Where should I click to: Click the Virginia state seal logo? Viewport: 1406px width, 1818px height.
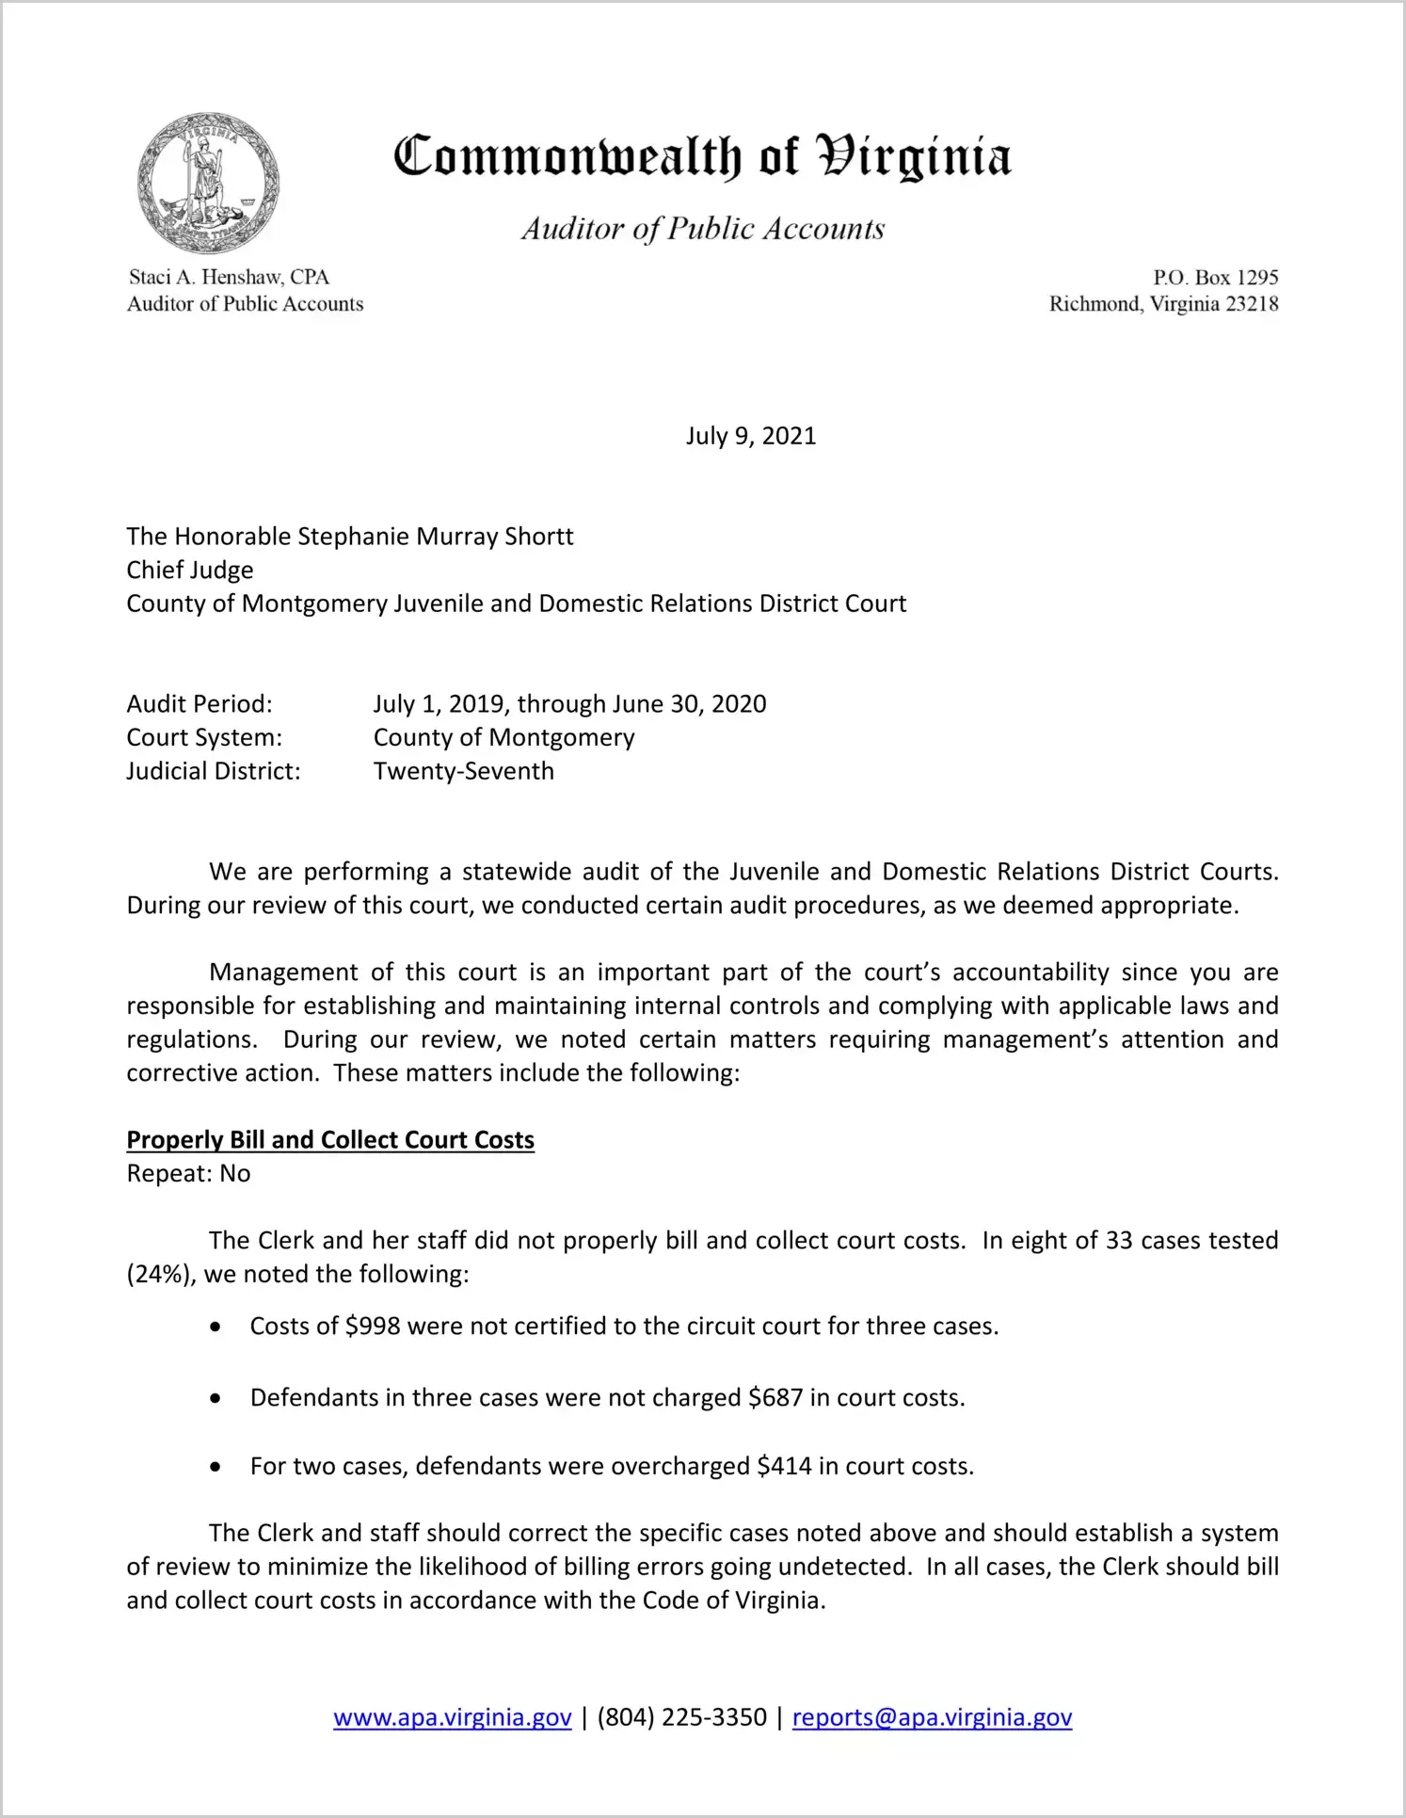(x=208, y=183)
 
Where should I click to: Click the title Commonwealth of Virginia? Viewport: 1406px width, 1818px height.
(x=702, y=156)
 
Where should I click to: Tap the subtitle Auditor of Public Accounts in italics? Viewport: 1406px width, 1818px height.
(x=703, y=229)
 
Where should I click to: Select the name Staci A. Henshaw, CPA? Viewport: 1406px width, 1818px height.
(x=229, y=277)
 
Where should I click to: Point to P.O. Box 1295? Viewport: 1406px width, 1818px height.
(x=1216, y=277)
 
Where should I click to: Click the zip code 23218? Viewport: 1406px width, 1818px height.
(x=1252, y=303)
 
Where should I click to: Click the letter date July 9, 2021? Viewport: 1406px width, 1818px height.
(x=750, y=436)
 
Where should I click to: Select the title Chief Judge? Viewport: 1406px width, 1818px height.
(x=190, y=570)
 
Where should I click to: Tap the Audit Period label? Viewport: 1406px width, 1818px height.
(x=200, y=703)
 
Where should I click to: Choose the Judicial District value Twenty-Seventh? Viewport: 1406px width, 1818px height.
(x=463, y=771)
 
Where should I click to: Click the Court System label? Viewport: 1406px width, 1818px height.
(x=204, y=737)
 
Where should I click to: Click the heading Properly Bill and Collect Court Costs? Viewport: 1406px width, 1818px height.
(x=330, y=1139)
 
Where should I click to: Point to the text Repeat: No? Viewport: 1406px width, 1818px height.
(x=188, y=1173)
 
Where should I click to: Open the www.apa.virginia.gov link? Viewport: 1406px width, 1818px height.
(x=453, y=1717)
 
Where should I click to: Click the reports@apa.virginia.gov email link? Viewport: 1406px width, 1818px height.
(x=932, y=1717)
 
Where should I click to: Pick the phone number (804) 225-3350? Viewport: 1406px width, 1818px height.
(x=681, y=1717)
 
